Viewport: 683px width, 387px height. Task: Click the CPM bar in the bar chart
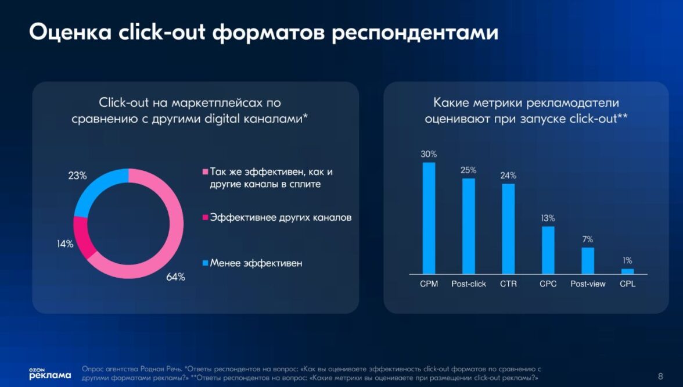click(429, 218)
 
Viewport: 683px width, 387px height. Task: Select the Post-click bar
click(468, 225)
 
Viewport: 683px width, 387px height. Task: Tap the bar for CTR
click(508, 228)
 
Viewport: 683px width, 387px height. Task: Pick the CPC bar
click(548, 250)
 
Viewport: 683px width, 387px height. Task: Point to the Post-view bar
click(588, 260)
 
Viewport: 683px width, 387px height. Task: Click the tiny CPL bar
click(627, 271)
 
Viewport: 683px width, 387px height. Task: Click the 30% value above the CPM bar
click(429, 154)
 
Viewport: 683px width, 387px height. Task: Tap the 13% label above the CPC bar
click(548, 218)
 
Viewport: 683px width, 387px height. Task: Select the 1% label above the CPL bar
click(627, 260)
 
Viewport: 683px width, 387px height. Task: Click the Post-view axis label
click(588, 284)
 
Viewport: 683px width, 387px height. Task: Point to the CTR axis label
click(508, 284)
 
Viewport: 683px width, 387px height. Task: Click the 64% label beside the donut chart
click(175, 277)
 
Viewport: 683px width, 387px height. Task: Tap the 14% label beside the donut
click(65, 244)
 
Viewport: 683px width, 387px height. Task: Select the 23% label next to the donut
click(77, 175)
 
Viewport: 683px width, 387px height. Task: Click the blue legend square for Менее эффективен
click(204, 263)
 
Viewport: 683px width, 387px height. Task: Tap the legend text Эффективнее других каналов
click(281, 218)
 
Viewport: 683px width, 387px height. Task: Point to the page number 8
click(660, 375)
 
